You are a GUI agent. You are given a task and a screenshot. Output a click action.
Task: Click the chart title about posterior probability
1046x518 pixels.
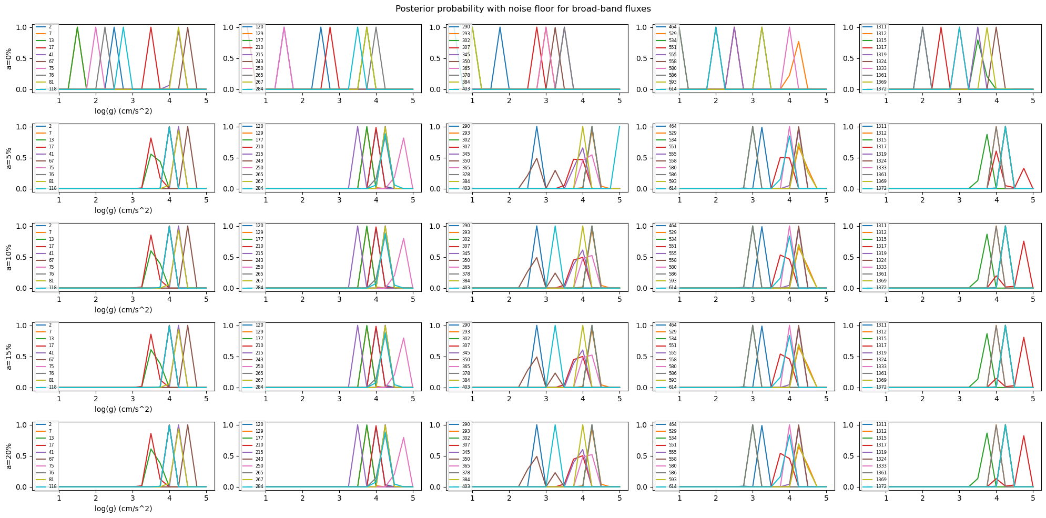coord(523,9)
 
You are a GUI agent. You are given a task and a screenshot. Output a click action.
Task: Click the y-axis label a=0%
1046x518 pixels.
coord(8,57)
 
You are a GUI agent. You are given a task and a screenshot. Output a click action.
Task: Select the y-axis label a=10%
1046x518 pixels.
coord(8,256)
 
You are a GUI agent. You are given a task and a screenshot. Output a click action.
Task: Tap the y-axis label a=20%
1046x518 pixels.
coord(8,455)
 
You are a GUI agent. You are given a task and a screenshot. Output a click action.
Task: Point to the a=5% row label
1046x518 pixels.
coord(8,157)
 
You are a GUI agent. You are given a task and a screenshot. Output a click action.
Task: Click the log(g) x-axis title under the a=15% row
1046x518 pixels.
coord(123,409)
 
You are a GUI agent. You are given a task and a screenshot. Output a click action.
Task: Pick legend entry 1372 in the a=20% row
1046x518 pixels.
coord(881,486)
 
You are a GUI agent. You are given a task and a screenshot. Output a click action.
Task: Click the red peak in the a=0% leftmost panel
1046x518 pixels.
coord(151,27)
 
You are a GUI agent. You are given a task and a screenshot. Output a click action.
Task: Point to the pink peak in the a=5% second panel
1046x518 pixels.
coord(403,138)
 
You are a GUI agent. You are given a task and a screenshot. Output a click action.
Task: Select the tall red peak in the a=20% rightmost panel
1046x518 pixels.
coord(1023,436)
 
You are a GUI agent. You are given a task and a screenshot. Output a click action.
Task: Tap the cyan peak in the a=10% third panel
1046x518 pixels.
coord(555,227)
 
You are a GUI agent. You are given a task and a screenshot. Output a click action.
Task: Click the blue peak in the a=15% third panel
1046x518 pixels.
coord(536,326)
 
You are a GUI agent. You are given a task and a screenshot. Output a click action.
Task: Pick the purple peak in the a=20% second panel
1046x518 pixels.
coord(358,425)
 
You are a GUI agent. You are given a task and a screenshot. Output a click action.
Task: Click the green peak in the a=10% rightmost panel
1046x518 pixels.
coord(987,235)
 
